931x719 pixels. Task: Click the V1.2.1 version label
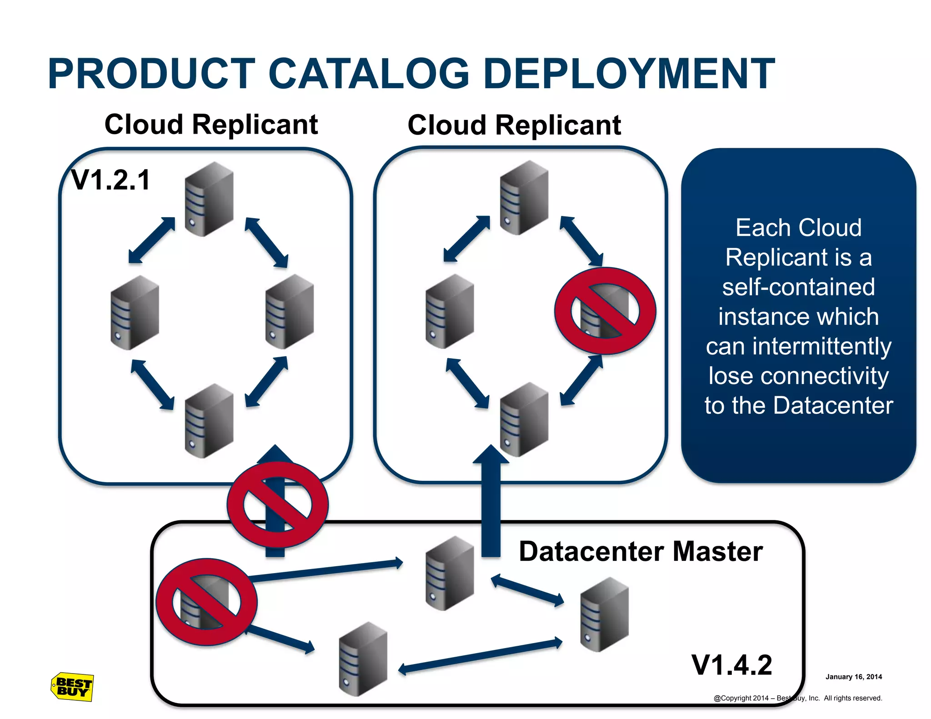(111, 180)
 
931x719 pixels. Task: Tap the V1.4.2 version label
(731, 665)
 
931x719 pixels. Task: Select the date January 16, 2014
(853, 677)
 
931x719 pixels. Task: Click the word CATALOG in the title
(369, 74)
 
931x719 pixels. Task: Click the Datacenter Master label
(640, 551)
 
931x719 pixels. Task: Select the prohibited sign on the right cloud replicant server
(605, 311)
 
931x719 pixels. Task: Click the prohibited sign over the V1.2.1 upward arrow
(277, 504)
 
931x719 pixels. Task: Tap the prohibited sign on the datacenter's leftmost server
(206, 602)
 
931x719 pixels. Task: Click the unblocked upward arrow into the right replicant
(491, 500)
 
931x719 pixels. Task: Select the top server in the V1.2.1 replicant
(209, 199)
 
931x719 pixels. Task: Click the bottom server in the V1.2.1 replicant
(209, 421)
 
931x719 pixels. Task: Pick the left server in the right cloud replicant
(450, 311)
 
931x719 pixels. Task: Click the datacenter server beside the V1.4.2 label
(604, 614)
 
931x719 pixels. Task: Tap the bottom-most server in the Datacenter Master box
(363, 659)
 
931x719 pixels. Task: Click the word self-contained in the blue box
(798, 287)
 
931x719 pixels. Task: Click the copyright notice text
(797, 698)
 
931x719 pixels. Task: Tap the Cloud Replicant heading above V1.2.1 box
(211, 124)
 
